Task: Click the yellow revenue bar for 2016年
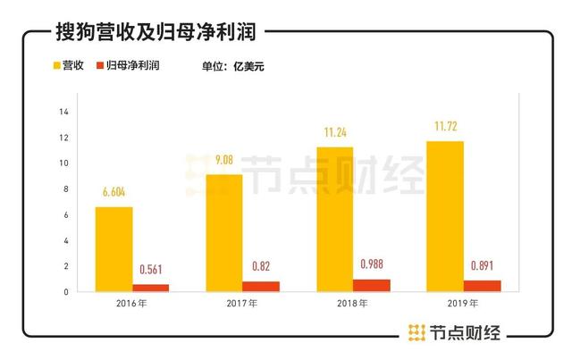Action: (x=114, y=249)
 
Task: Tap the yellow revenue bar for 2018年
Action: (x=334, y=219)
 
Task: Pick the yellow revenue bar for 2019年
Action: (x=444, y=216)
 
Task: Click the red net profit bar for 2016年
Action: (x=150, y=288)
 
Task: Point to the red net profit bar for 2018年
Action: (x=371, y=285)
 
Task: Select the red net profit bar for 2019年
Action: (x=482, y=286)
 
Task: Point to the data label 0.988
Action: (x=371, y=264)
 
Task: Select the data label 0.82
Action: (x=260, y=267)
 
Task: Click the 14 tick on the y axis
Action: (x=63, y=112)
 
